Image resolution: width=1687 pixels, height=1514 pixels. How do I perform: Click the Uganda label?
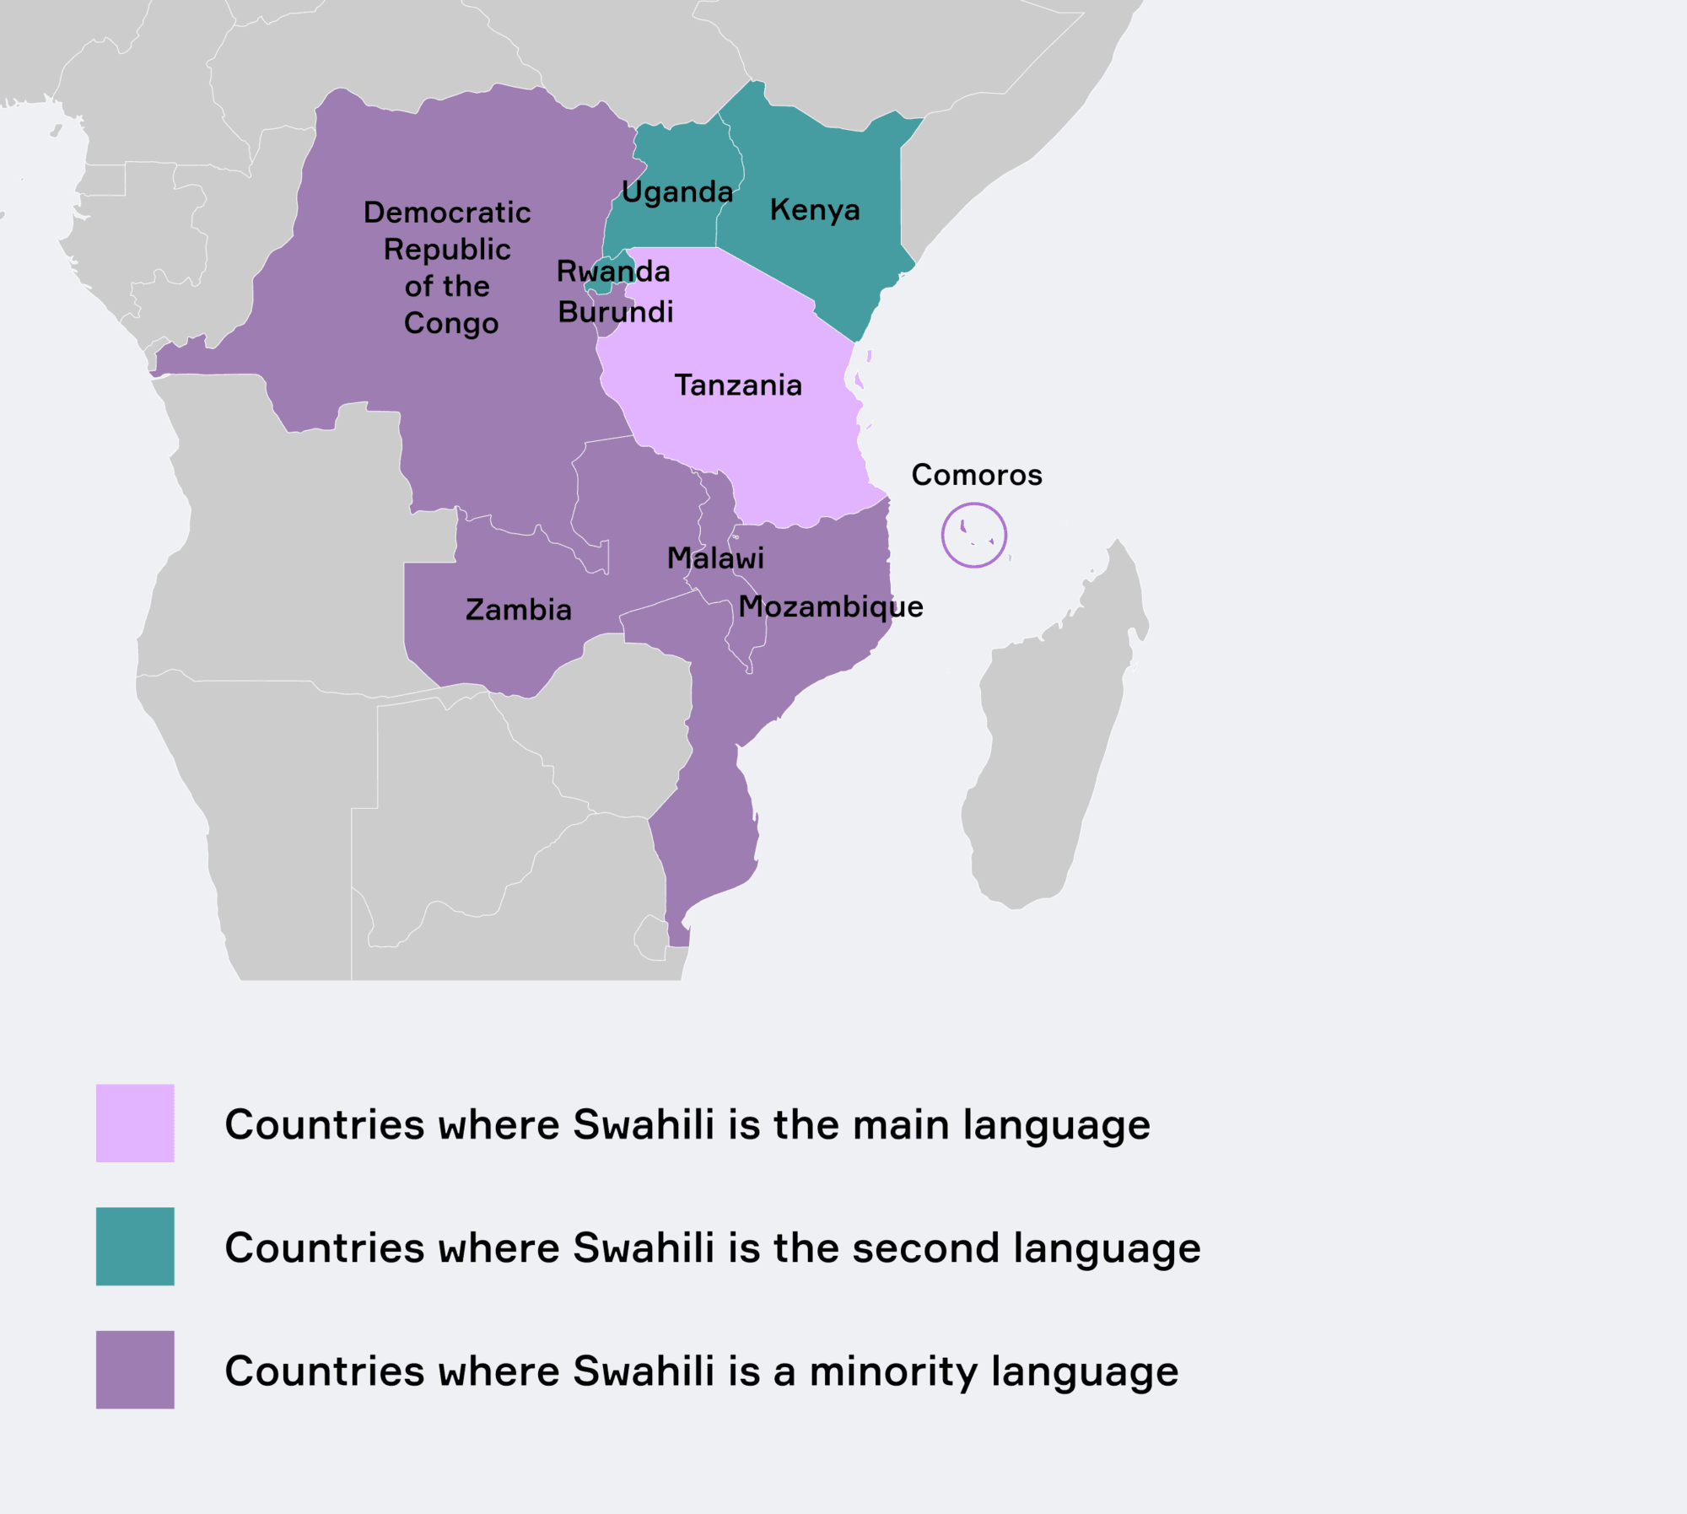click(677, 192)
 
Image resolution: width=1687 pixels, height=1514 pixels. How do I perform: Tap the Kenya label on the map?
click(815, 210)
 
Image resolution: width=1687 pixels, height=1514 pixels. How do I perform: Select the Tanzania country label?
click(738, 385)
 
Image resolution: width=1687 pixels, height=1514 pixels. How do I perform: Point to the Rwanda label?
click(613, 272)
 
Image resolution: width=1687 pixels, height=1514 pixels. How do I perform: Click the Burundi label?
click(616, 312)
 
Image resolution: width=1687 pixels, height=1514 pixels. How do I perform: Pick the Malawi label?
click(715, 558)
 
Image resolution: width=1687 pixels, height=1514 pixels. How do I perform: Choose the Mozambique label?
click(831, 607)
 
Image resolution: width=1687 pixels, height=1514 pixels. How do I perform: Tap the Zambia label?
click(519, 610)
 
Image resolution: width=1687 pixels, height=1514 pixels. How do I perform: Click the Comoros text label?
click(977, 475)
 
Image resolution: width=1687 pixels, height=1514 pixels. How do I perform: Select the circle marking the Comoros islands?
click(974, 535)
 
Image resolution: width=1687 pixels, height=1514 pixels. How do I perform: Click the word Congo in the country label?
click(451, 324)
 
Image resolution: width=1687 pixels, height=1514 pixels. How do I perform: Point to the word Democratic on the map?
click(447, 213)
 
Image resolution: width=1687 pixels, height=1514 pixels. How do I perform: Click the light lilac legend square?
click(135, 1123)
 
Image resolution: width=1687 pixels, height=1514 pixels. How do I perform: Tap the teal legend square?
click(135, 1247)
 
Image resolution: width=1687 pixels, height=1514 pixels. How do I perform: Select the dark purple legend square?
click(135, 1370)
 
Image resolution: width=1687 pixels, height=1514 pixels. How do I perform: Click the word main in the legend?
click(901, 1125)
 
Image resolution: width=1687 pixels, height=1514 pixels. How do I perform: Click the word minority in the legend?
click(893, 1371)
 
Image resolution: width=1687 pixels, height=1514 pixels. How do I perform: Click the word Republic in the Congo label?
click(447, 250)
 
